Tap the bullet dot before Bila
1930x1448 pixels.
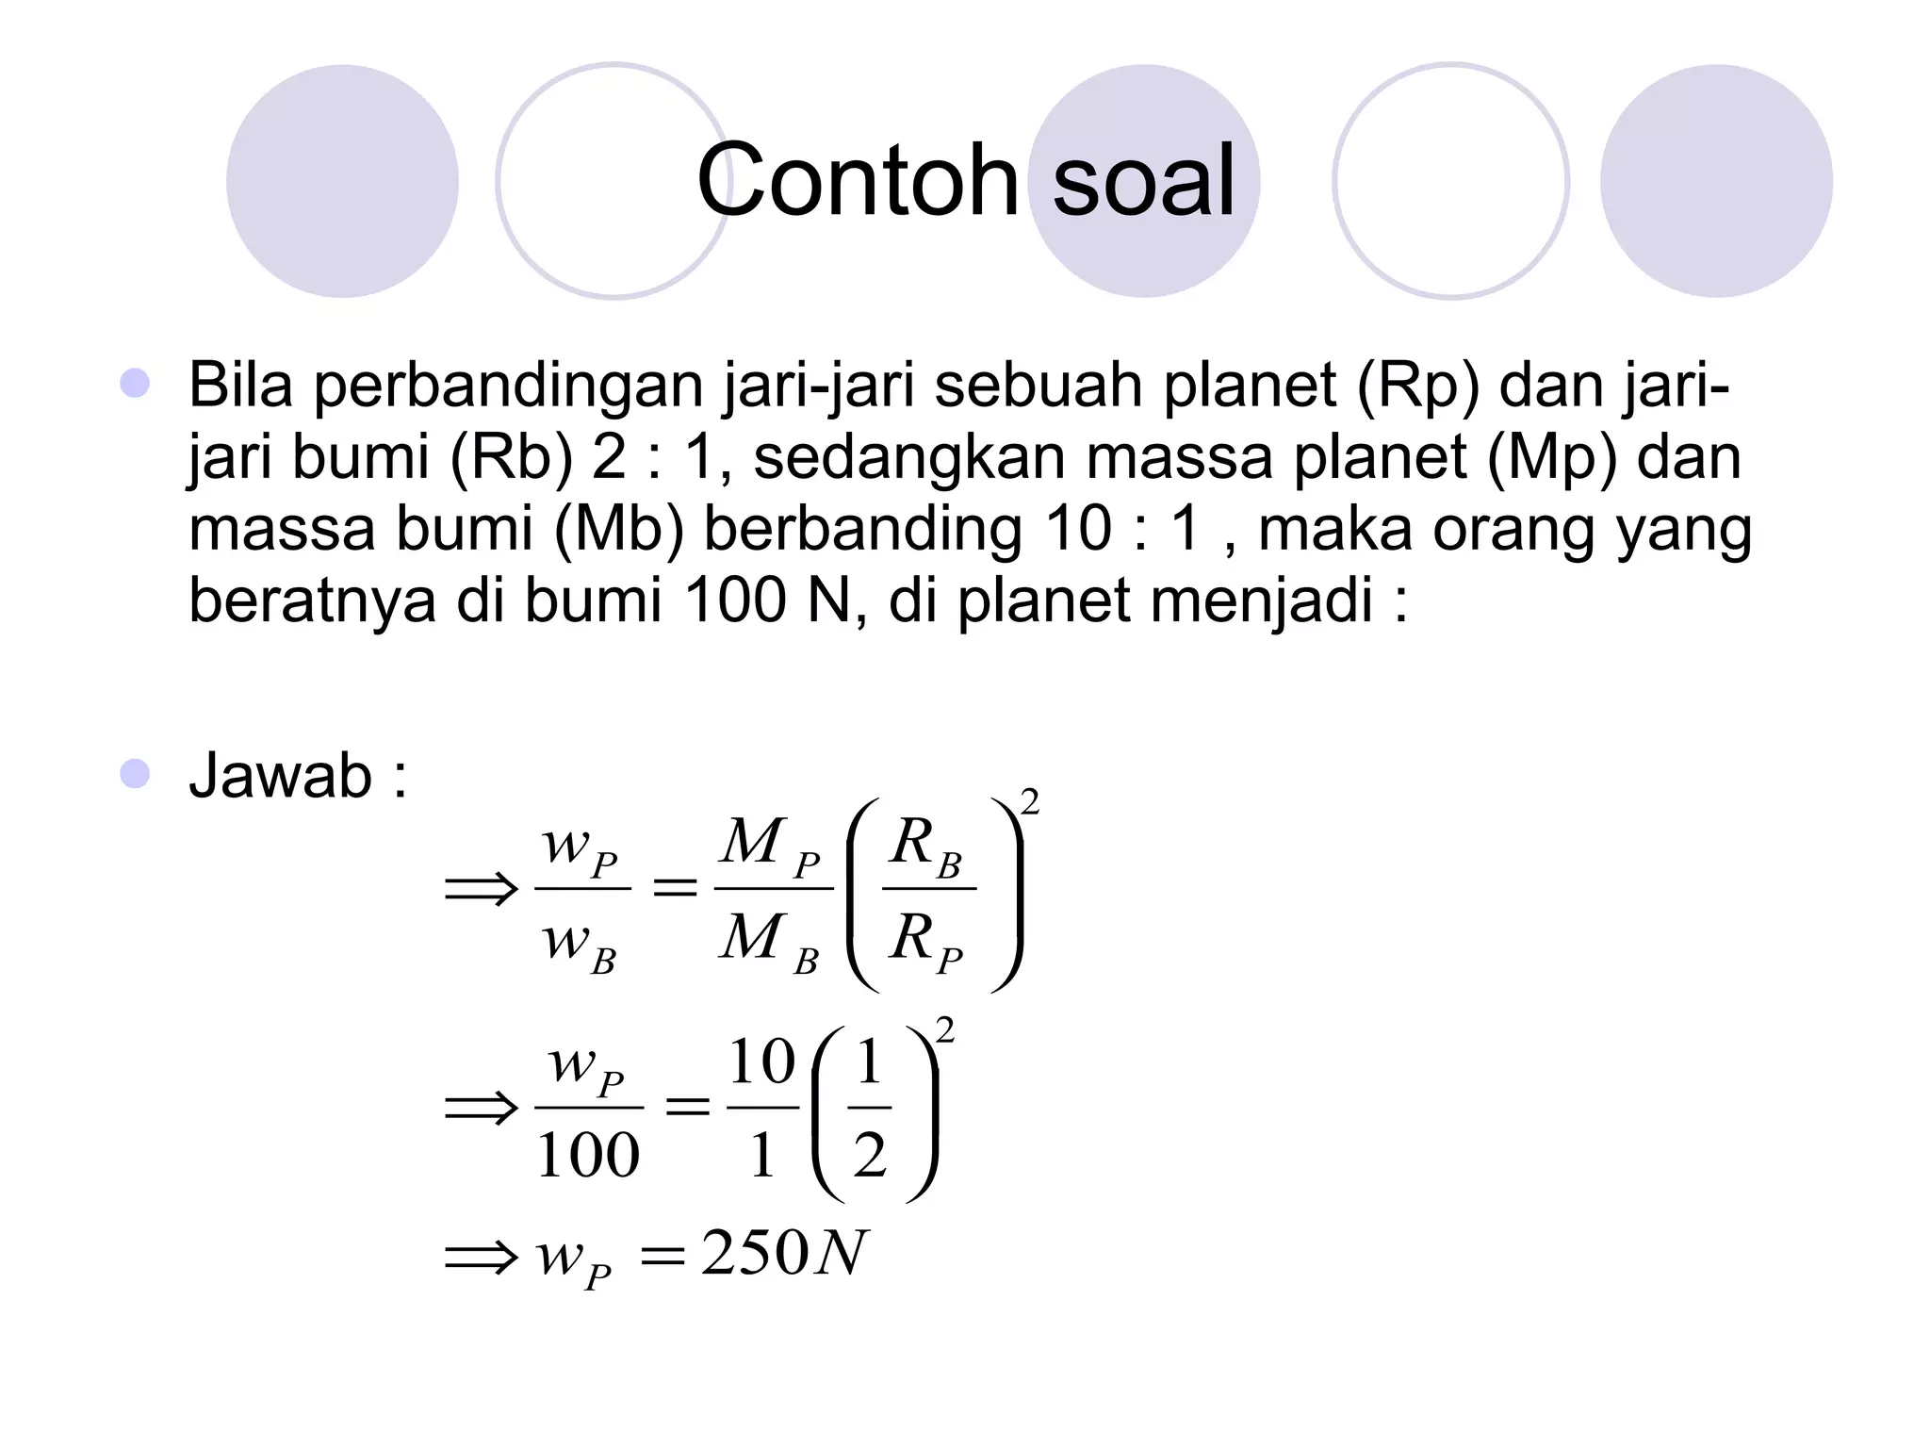(x=135, y=383)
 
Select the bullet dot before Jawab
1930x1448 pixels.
(x=135, y=774)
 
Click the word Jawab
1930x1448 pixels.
(x=281, y=776)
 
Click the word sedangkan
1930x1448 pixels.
(x=909, y=458)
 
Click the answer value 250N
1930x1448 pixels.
(x=782, y=1254)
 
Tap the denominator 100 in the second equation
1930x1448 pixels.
(x=588, y=1155)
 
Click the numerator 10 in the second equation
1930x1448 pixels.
(x=762, y=1062)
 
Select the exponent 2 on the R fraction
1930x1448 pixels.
(x=1030, y=802)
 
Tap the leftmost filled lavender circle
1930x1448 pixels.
(x=342, y=181)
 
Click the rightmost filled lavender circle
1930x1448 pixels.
(x=1716, y=181)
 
